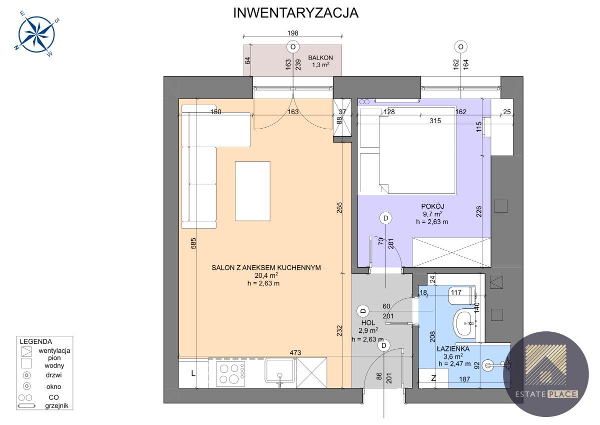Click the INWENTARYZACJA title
(x=295, y=13)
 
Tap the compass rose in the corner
(x=36, y=34)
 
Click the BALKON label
(x=320, y=58)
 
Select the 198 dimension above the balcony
(x=293, y=33)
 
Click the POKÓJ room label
(x=432, y=206)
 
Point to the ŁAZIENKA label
(x=453, y=349)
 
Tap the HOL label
(x=368, y=323)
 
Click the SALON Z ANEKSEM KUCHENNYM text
(x=266, y=268)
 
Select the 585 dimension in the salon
(x=193, y=243)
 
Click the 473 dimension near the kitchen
(x=295, y=353)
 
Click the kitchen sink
(x=280, y=371)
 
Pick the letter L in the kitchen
(x=193, y=373)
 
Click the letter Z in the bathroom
(x=433, y=378)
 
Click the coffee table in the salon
(x=252, y=191)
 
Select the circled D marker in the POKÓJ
(x=385, y=218)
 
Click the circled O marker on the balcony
(x=293, y=47)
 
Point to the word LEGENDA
(x=36, y=341)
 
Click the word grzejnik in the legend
(x=56, y=405)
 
